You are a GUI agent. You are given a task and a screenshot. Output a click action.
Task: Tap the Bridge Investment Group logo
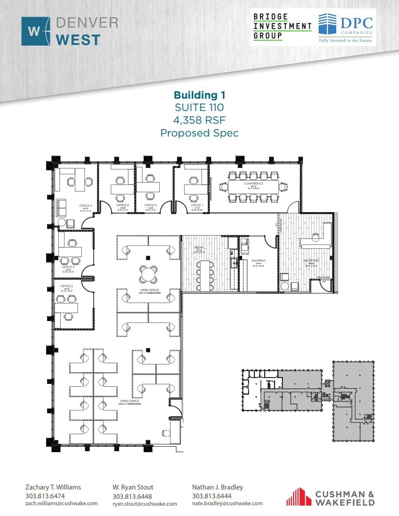coord(282,27)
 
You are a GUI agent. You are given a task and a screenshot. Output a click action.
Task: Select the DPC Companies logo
coord(346,27)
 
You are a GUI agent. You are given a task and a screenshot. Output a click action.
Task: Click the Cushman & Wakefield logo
coord(331,496)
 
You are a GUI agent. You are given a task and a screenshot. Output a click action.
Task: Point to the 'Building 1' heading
coord(199,95)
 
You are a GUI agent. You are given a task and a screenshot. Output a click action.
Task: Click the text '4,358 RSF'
coord(199,120)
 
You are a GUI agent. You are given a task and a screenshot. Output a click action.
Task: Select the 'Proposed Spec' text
coord(199,133)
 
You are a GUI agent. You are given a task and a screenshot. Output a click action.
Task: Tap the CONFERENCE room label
coord(253,184)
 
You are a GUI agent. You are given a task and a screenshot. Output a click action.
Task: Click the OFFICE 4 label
coord(86,205)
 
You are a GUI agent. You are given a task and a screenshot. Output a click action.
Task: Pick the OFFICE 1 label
coord(197,205)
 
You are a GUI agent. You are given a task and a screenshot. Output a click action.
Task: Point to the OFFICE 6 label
coord(67,286)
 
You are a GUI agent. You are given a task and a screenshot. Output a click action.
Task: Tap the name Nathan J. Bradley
coord(217,487)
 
